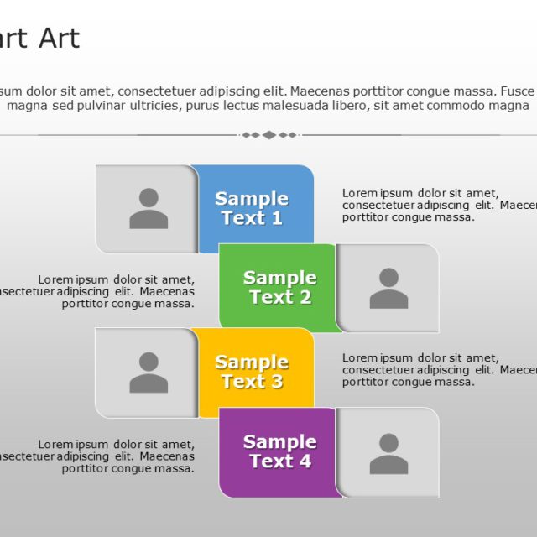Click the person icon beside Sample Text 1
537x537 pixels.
click(x=149, y=209)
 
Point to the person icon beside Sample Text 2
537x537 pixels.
click(x=388, y=288)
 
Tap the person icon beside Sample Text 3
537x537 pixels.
click(x=149, y=373)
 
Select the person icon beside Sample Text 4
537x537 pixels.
click(x=388, y=453)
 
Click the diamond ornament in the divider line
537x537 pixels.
click(x=268, y=135)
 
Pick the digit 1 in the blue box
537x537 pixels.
click(x=276, y=219)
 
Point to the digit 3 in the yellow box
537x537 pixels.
click(x=276, y=383)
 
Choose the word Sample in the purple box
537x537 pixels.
click(x=279, y=441)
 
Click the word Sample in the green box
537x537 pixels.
click(x=279, y=278)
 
